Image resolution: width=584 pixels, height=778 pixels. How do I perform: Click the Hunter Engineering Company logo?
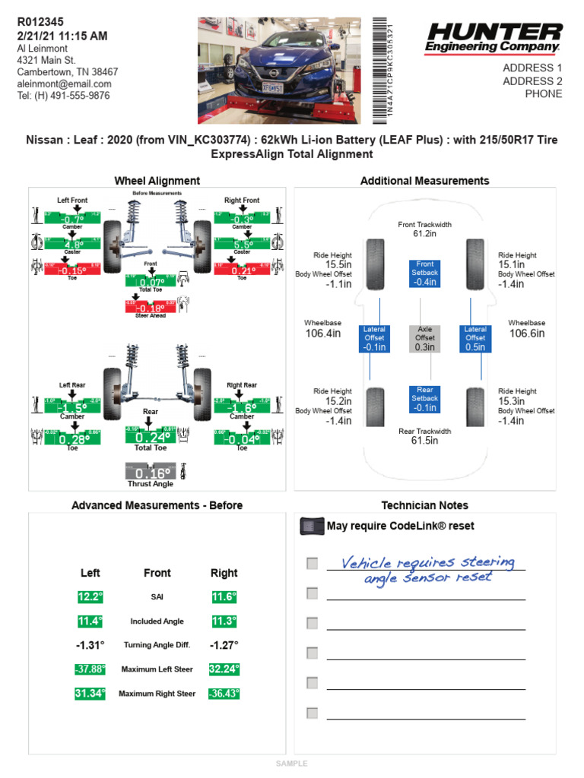coord(494,37)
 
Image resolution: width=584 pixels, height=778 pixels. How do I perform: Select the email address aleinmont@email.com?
coord(65,84)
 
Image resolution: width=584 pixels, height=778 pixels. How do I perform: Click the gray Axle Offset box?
coord(425,339)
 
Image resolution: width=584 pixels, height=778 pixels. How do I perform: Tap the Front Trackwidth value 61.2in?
coord(425,234)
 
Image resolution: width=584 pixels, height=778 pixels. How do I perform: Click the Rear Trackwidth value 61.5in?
coord(425,441)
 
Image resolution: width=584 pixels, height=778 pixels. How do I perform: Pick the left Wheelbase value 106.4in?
coord(322,334)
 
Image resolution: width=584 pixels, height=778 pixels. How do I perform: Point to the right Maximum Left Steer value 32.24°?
coord(224,669)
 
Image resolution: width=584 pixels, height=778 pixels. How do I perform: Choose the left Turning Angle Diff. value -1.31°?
coord(90,645)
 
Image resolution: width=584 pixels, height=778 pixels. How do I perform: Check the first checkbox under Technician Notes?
coord(312,563)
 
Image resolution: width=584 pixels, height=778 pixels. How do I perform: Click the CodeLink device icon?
coord(311,526)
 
